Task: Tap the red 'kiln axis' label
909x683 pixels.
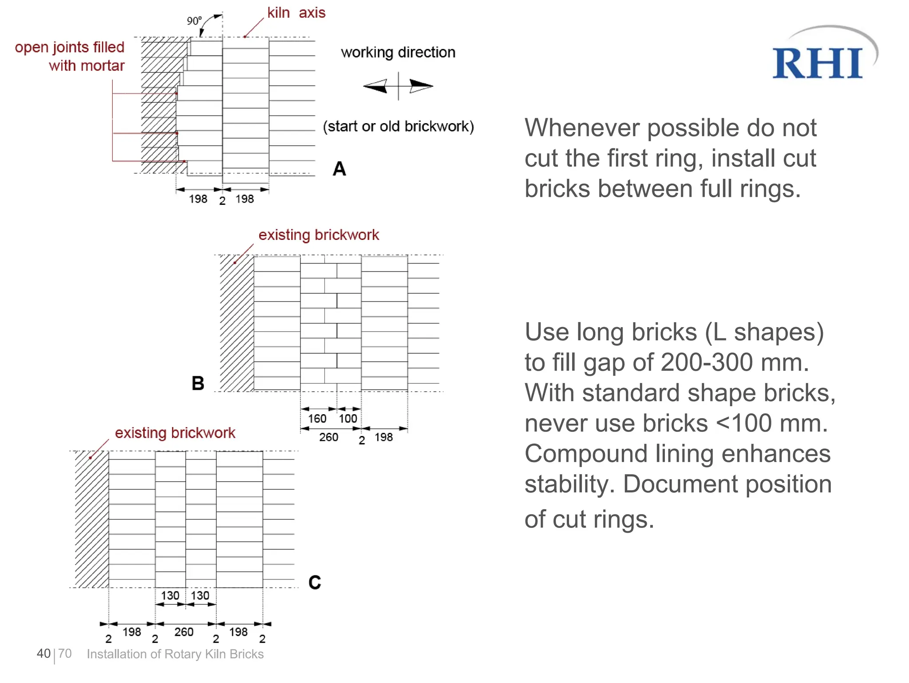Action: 296,13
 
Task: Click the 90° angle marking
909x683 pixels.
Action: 194,21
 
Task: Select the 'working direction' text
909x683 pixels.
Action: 398,52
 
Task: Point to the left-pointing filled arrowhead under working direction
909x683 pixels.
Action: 375,86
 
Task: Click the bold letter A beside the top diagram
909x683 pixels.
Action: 339,169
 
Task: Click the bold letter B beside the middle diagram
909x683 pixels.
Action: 198,383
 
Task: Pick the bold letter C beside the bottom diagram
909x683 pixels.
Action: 315,583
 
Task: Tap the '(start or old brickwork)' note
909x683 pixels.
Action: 398,127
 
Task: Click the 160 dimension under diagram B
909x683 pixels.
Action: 317,419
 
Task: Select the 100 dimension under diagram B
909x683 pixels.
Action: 348,419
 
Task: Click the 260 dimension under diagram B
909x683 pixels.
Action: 328,437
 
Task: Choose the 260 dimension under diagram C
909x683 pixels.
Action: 184,632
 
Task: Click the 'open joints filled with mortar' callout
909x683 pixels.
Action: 70,56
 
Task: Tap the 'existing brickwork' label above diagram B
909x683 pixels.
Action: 319,235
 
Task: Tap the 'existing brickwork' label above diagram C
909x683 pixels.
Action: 175,433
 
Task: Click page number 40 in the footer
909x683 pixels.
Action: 43,654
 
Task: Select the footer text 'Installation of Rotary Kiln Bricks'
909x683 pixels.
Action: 175,654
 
